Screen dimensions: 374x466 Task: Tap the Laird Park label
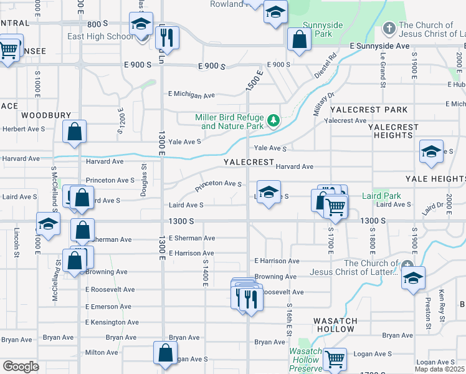[381, 196]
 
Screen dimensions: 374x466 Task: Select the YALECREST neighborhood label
[249, 162]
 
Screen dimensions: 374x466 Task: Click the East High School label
[100, 37]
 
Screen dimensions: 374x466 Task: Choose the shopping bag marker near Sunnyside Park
[300, 39]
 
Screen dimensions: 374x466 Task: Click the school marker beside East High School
[141, 24]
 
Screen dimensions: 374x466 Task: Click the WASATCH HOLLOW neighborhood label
[336, 325]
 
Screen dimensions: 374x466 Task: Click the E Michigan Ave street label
[191, 95]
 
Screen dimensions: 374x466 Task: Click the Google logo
[21, 367]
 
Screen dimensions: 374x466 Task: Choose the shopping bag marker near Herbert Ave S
[74, 132]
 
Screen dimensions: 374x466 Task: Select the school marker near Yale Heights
[431, 152]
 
